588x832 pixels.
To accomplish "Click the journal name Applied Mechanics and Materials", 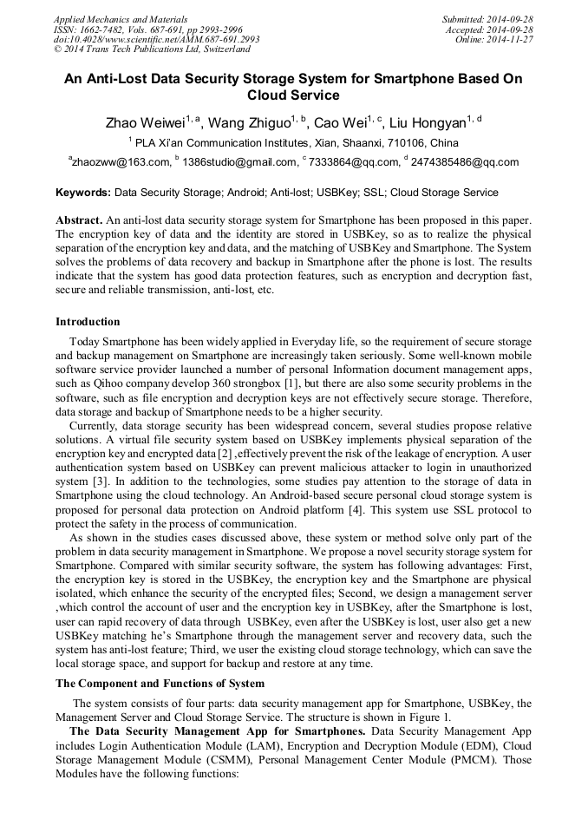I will tap(120, 18).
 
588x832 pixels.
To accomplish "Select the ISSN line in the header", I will tap(147, 29).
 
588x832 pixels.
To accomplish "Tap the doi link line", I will tap(156, 39).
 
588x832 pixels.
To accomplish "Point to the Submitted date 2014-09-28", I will tap(487, 18).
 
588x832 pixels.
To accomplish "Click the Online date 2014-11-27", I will tap(494, 39).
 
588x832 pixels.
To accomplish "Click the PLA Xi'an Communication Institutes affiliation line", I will tap(296, 143).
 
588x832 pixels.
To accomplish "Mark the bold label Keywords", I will tap(83, 193).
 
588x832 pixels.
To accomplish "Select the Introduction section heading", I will tap(88, 322).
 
